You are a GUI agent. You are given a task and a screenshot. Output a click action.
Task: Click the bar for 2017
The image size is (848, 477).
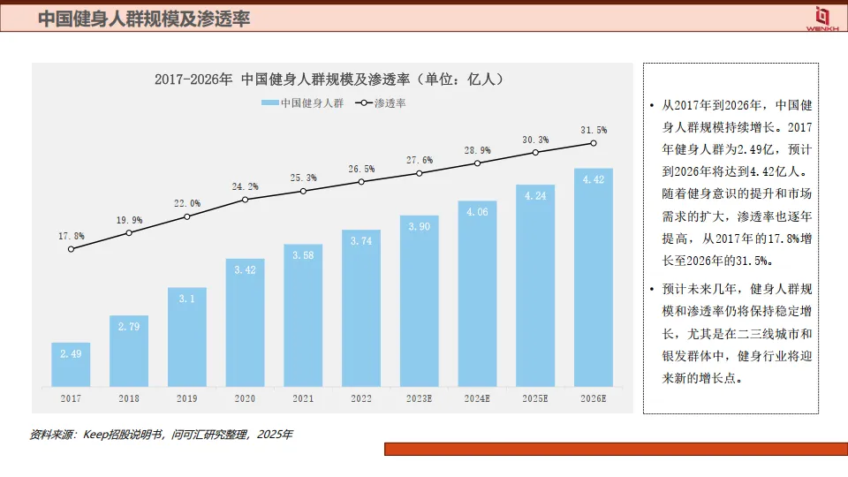(71, 364)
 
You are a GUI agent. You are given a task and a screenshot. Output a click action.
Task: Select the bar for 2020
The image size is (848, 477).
(245, 322)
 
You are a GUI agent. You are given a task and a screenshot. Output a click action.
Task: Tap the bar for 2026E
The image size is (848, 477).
(594, 277)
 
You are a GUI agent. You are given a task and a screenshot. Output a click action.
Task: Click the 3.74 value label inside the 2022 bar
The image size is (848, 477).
(361, 241)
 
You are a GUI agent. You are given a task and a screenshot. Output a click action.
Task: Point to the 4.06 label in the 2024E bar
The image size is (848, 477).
(477, 212)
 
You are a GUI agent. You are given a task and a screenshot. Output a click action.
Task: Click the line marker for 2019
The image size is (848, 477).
(187, 216)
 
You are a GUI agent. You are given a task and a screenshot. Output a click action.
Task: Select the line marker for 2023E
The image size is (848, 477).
(420, 173)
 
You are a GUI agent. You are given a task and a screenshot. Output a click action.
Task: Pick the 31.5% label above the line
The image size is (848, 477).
(594, 130)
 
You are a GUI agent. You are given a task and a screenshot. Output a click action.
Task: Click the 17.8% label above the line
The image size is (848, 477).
(71, 236)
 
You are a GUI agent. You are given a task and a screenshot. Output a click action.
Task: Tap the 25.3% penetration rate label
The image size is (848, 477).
(303, 178)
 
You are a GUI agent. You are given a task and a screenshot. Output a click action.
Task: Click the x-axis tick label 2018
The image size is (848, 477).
(129, 399)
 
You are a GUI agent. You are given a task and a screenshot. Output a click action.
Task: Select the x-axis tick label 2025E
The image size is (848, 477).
(535, 399)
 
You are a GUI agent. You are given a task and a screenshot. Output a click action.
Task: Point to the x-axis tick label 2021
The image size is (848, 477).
(303, 399)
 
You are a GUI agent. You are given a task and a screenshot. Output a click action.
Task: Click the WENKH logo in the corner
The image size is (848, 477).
(821, 18)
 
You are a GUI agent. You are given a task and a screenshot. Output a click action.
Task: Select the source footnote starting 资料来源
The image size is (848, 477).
(161, 435)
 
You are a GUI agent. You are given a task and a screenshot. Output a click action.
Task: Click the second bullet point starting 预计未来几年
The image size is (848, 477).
(743, 333)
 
